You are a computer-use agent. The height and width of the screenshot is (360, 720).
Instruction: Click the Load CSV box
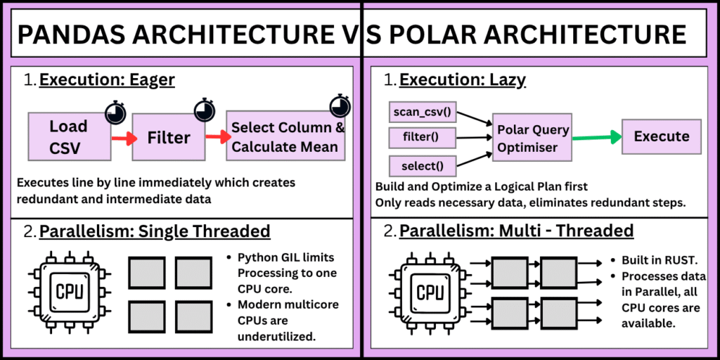(68, 136)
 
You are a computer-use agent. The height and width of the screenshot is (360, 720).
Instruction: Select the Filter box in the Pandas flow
(169, 138)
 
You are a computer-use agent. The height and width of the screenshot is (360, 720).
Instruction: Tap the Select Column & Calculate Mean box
(288, 137)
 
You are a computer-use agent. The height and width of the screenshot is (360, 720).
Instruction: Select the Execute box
(662, 136)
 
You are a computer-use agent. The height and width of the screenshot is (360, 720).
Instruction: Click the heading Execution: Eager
(107, 80)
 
